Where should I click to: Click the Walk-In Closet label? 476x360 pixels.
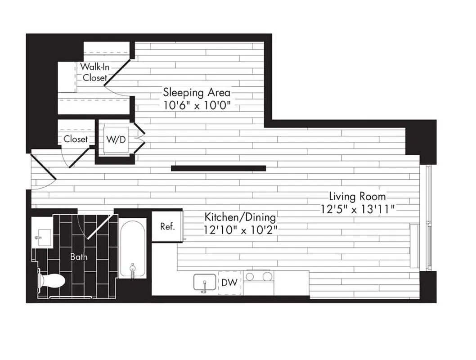(94, 72)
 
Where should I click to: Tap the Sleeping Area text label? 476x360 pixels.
(197, 93)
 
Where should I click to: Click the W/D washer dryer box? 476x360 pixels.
(116, 139)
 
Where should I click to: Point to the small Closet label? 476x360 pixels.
(76, 139)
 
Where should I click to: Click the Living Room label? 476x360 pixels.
(357, 196)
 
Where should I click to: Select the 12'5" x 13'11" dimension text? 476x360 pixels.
(357, 208)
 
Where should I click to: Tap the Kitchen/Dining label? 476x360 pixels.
(240, 216)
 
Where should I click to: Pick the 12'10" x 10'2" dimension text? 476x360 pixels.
(240, 229)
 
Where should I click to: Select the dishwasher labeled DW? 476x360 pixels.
(230, 283)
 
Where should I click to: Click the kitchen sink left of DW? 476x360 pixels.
(204, 283)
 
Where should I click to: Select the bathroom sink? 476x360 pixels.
(43, 236)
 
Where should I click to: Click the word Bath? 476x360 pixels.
(79, 257)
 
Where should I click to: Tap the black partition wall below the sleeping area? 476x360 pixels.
(218, 168)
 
